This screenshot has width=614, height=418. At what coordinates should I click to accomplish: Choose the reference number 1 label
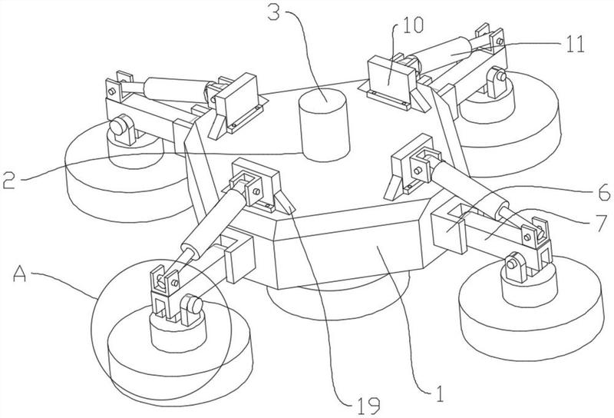[x=439, y=395]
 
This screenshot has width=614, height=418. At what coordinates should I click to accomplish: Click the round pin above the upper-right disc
[x=500, y=78]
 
